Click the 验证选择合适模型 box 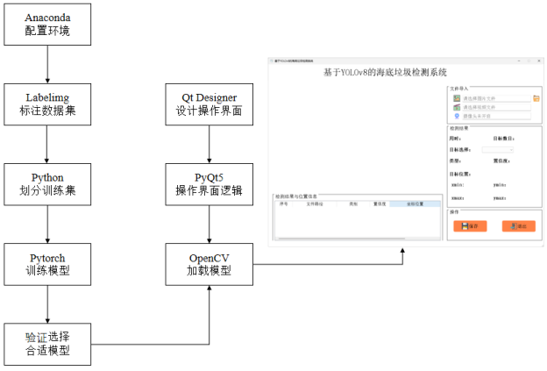47,345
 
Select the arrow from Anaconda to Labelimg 47,67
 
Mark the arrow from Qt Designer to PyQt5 209,144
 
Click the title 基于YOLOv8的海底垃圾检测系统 385,73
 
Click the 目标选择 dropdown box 497,150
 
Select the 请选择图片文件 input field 496,98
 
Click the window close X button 539,61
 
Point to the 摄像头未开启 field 496,115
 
